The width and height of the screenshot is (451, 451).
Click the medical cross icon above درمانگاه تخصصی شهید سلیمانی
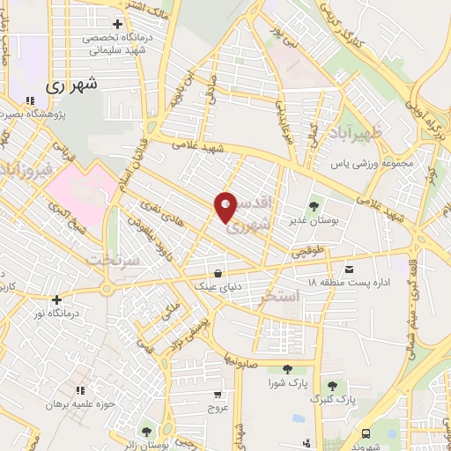click(117, 24)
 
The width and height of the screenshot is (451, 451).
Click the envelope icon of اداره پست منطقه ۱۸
click(350, 269)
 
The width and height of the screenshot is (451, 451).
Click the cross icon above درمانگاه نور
click(56, 299)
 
